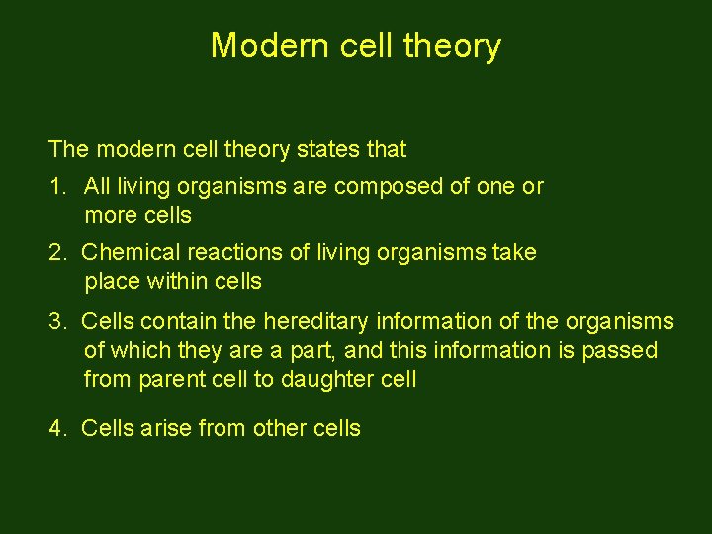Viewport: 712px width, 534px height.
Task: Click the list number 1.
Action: (x=56, y=186)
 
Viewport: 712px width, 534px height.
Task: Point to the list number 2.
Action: (x=57, y=253)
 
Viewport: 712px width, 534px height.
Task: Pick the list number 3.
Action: (x=57, y=322)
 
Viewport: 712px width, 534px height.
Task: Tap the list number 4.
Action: (x=57, y=429)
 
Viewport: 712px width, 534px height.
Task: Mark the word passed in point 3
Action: (x=626, y=351)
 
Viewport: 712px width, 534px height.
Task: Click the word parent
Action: (x=173, y=380)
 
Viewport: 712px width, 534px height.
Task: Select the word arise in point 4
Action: (x=167, y=429)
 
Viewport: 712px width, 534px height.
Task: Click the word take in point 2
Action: (x=515, y=253)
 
